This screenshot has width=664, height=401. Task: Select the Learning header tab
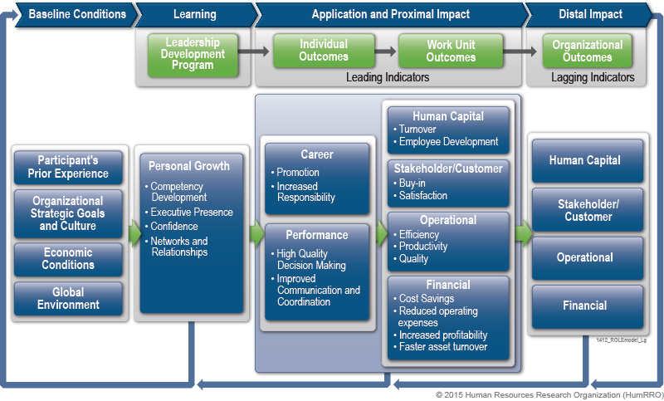coord(195,14)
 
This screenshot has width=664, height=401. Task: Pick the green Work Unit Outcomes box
coord(451,51)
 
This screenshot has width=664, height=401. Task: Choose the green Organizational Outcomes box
coord(587,51)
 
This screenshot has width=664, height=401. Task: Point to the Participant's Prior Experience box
coord(68,167)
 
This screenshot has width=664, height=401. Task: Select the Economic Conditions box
coord(68,258)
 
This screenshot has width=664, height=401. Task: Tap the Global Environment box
coord(68,298)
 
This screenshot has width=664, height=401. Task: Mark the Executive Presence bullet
coord(192,213)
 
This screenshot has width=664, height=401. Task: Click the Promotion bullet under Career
coord(298,173)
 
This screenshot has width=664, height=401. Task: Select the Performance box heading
coord(315,236)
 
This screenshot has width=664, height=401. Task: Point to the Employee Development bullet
coord(448,142)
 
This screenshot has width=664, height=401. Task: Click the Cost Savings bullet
coord(427,299)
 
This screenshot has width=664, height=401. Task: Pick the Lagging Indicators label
coord(593,77)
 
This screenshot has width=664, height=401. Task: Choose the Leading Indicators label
coord(387,77)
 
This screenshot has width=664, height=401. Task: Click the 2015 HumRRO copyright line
coord(548,394)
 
